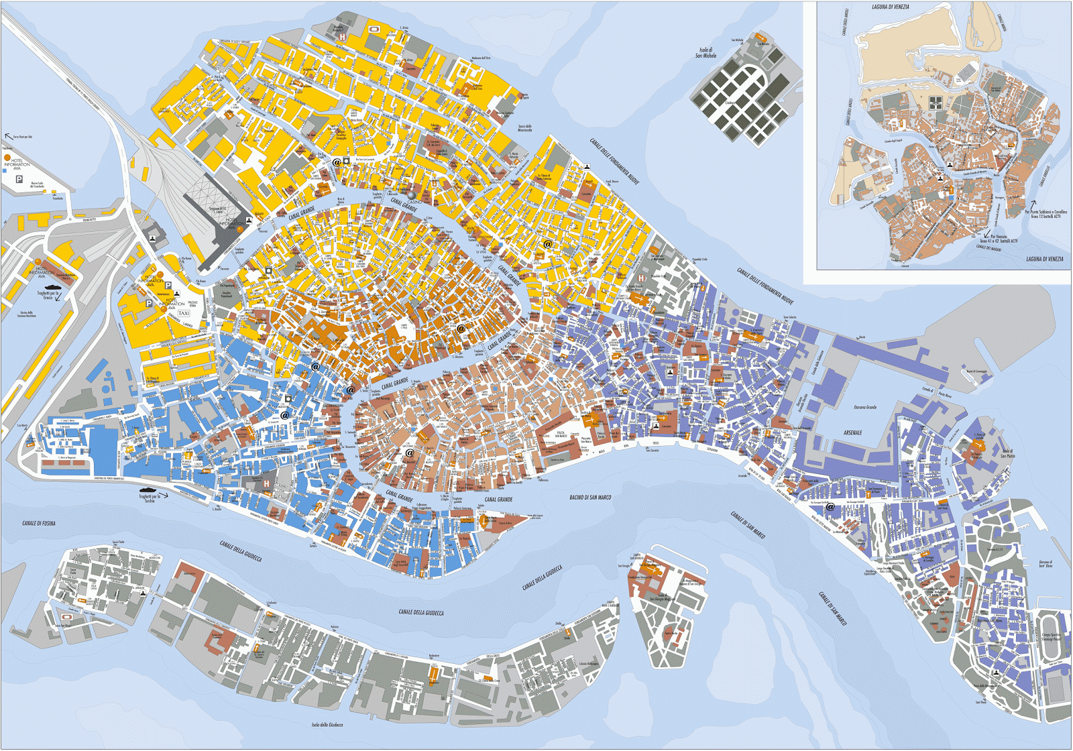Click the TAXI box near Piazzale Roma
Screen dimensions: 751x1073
[x=183, y=313]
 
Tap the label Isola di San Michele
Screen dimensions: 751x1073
[x=706, y=52]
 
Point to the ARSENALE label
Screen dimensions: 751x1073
[x=853, y=433]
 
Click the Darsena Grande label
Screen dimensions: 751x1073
[x=865, y=407]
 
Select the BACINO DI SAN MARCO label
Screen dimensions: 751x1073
[x=590, y=498]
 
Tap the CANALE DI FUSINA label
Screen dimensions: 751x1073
[x=39, y=523]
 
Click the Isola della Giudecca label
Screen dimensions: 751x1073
[x=327, y=725]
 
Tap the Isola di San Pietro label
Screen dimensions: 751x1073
[x=1007, y=453]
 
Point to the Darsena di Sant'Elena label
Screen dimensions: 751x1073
[x=1046, y=564]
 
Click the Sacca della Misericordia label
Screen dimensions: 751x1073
[x=525, y=128]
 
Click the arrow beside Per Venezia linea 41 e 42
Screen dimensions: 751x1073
[x=986, y=235]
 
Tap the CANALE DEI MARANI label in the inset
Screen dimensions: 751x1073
[x=989, y=247]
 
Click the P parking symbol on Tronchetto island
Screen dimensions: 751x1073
[x=19, y=180]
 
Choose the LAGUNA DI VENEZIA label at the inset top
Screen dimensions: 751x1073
[x=891, y=7]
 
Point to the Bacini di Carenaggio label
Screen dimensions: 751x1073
[x=976, y=371]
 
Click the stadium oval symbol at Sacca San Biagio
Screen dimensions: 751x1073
[x=67, y=616]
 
